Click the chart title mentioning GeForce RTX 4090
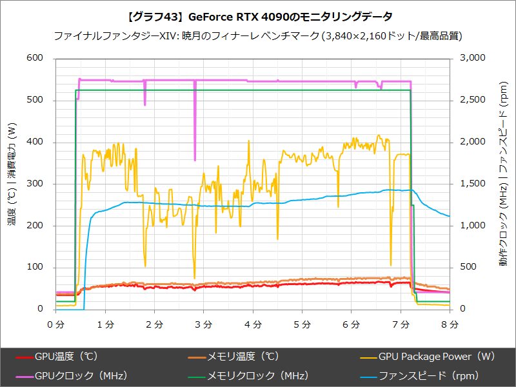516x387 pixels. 257,15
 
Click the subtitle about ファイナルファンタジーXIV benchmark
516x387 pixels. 257,35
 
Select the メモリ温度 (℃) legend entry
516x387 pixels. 243,356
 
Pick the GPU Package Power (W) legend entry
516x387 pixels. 436,356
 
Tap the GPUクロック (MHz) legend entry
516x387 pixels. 81,375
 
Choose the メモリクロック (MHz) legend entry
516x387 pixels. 257,375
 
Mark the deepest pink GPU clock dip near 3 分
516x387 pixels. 195,159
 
